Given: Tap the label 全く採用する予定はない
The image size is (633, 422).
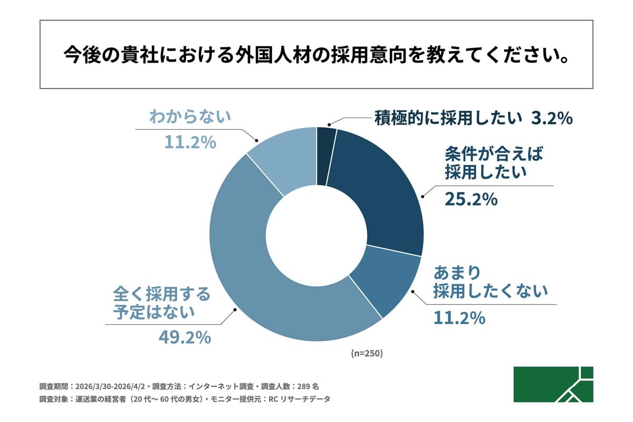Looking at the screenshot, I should pos(161,302).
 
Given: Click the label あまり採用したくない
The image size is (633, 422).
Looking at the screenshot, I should pos(491,282).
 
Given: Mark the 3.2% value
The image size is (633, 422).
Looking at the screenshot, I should pos(552,118).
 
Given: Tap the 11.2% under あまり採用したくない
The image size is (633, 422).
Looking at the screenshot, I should pos(459,318).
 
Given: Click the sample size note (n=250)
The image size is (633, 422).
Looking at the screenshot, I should pos(367,353).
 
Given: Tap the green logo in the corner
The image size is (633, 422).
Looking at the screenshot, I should pos(553,384).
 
